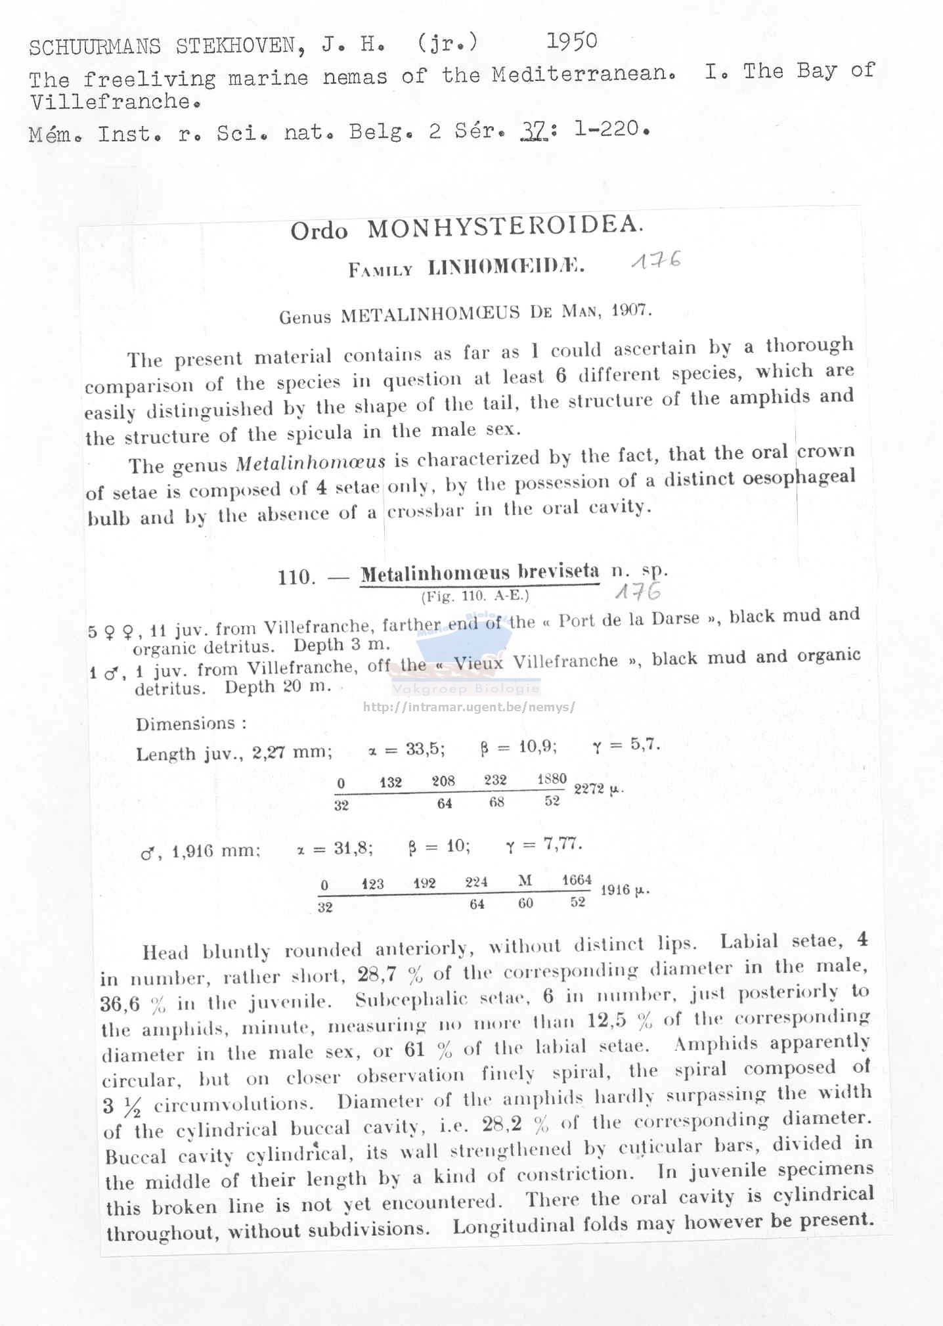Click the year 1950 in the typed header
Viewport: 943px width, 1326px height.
point(572,41)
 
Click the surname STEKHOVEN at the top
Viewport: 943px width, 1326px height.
point(236,45)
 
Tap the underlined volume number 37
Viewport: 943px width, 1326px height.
point(533,131)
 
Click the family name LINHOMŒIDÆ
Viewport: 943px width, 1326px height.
point(505,267)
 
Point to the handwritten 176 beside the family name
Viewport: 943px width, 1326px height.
point(655,261)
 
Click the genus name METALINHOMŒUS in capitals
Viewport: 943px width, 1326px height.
point(430,315)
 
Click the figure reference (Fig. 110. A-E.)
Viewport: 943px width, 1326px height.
point(475,596)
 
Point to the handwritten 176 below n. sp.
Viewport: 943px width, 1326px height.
point(638,592)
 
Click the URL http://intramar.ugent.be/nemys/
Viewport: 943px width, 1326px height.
point(469,707)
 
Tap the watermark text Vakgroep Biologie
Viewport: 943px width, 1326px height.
point(466,689)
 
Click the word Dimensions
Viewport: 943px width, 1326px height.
point(186,724)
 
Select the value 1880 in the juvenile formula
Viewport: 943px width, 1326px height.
point(551,779)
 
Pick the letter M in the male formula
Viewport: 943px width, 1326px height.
point(525,881)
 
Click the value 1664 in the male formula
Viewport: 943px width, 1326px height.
point(577,880)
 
